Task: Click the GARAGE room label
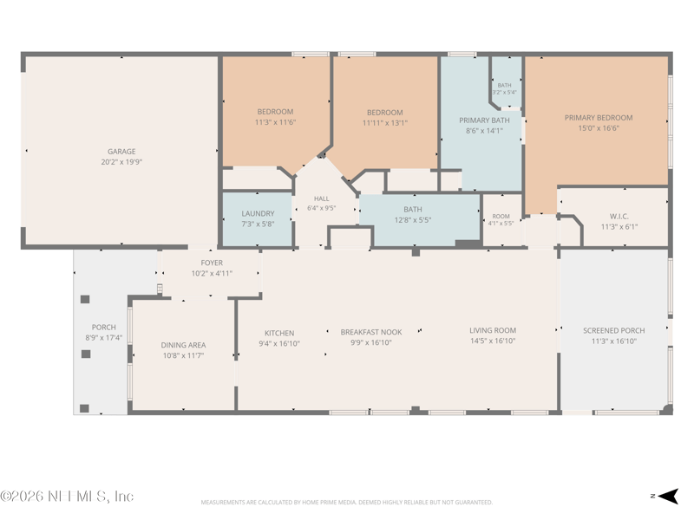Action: pyautogui.click(x=121, y=151)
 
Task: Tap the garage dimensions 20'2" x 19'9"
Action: pyautogui.click(x=121, y=162)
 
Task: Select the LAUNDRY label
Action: pyautogui.click(x=258, y=213)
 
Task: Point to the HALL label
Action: pyautogui.click(x=321, y=198)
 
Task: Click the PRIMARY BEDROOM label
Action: pyautogui.click(x=599, y=118)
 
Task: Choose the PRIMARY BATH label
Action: pyautogui.click(x=484, y=120)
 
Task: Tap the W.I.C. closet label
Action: pyautogui.click(x=619, y=216)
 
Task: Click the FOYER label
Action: pyautogui.click(x=212, y=263)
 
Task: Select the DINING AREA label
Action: pyautogui.click(x=183, y=345)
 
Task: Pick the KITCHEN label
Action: pyautogui.click(x=279, y=333)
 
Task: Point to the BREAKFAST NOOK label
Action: pyautogui.click(x=371, y=332)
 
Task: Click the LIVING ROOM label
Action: pyautogui.click(x=493, y=330)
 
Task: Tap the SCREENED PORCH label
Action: pyautogui.click(x=614, y=330)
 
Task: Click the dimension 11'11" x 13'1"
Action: pyautogui.click(x=385, y=123)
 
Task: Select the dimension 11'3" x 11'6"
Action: pyautogui.click(x=275, y=122)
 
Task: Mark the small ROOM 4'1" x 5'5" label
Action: pyautogui.click(x=501, y=220)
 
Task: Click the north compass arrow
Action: pyautogui.click(x=667, y=496)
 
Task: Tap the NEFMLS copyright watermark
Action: pyautogui.click(x=67, y=496)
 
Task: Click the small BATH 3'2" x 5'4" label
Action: pyautogui.click(x=505, y=89)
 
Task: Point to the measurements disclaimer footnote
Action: pyautogui.click(x=346, y=503)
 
